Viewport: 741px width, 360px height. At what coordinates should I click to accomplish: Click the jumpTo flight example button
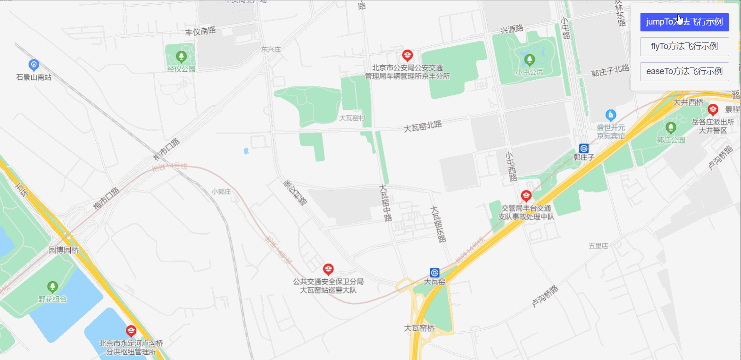tap(684, 22)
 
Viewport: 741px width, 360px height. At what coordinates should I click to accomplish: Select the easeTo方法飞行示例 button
tap(684, 71)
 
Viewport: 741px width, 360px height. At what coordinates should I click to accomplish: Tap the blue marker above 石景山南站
tap(33, 65)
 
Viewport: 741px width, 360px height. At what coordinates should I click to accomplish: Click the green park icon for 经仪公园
tap(181, 57)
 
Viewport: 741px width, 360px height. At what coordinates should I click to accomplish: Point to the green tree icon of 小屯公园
tap(529, 60)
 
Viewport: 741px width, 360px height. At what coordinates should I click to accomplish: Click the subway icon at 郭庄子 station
tap(583, 149)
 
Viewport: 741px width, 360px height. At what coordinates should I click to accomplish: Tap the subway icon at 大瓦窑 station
tap(434, 273)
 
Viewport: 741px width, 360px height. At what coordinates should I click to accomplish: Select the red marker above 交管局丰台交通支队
tap(526, 195)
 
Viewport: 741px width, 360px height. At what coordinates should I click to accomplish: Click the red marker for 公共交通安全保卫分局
tap(328, 269)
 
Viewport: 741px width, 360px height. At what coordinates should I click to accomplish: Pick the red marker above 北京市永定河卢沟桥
tap(131, 331)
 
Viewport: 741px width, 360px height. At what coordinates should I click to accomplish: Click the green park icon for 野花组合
tap(52, 287)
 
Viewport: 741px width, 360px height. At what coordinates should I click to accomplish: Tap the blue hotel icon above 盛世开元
tap(611, 115)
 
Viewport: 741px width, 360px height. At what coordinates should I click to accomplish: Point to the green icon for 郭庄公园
tap(671, 127)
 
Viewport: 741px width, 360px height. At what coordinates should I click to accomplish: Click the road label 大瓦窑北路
tap(423, 126)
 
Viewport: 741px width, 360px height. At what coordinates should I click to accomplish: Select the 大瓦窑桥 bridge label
tap(419, 328)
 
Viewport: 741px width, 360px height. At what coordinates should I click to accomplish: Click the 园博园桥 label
tap(64, 250)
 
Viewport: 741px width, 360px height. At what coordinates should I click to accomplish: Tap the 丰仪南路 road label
tap(200, 31)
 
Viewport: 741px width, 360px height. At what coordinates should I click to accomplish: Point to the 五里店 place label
tap(598, 246)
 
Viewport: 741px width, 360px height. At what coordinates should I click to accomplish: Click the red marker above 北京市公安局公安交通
tap(408, 56)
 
